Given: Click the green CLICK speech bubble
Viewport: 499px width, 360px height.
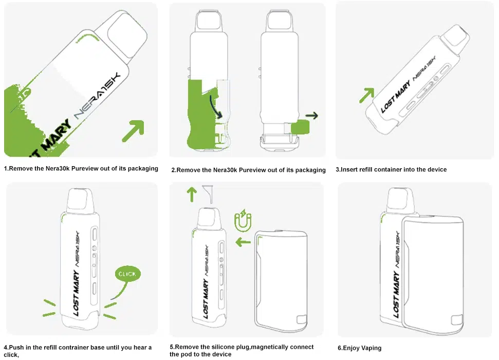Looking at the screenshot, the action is click(x=127, y=274).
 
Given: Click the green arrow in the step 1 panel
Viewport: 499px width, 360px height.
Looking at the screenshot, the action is click(x=133, y=130).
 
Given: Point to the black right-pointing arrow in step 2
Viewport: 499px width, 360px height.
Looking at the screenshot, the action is click(x=311, y=115).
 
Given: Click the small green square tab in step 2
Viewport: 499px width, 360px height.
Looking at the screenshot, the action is click(x=300, y=127).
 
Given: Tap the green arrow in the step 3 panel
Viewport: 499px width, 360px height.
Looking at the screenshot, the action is click(x=366, y=95).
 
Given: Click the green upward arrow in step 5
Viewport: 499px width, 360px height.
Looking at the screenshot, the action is click(x=192, y=194).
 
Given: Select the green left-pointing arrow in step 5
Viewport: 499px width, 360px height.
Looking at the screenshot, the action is click(x=243, y=242).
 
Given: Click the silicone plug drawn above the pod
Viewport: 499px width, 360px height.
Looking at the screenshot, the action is click(x=209, y=193).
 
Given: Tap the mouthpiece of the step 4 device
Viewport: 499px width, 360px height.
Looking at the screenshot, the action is click(x=80, y=200).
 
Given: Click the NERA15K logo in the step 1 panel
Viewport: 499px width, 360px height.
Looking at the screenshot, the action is click(x=97, y=96).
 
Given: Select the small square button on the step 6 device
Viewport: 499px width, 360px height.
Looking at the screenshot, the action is click(x=457, y=320).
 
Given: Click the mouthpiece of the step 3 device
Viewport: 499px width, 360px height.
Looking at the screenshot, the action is click(x=455, y=36).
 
